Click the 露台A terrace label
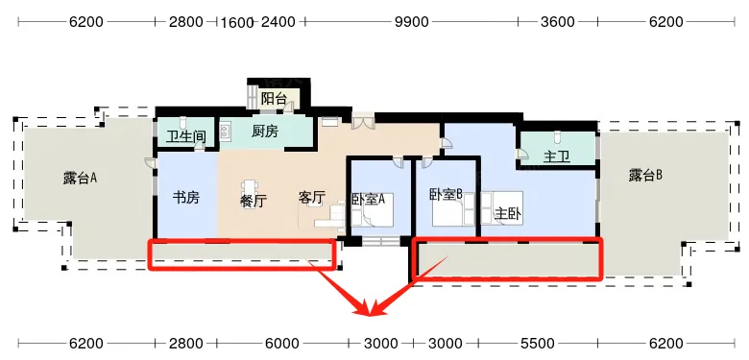tap(82, 178)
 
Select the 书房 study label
tap(185, 198)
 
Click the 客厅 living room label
tap(312, 198)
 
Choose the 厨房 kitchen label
tap(264, 132)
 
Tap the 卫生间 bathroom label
tap(186, 136)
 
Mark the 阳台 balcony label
tap(275, 98)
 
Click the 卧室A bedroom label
tap(368, 200)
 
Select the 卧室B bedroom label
tap(446, 193)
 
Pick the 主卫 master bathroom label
tap(557, 156)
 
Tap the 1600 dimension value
tap(236, 22)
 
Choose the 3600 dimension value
tap(557, 22)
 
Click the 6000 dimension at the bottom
tap(281, 343)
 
